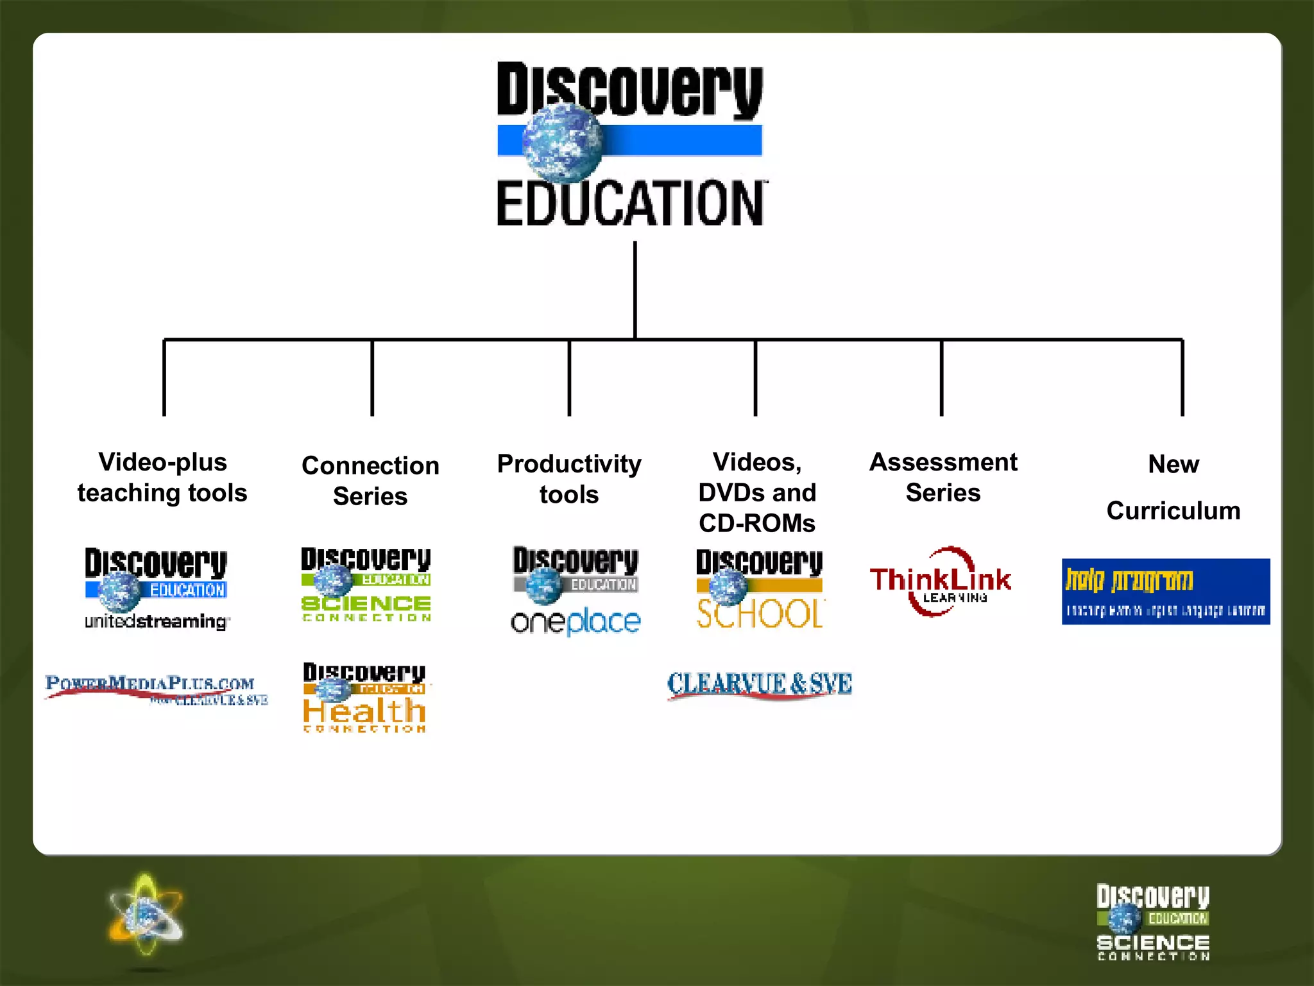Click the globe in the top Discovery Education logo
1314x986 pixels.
[562, 143]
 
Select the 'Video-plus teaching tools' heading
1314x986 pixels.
[162, 478]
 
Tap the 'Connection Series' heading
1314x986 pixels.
[370, 481]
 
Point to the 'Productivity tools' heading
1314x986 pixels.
[569, 479]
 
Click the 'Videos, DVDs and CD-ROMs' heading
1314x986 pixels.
[757, 492]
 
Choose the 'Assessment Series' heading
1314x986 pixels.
[943, 478]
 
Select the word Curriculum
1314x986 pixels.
[1173, 511]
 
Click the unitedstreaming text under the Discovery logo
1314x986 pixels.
[156, 621]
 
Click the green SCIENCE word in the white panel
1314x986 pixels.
[366, 603]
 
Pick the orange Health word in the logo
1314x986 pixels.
[364, 711]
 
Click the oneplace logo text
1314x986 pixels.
[576, 622]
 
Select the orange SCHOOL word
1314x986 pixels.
[760, 614]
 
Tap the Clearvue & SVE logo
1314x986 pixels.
[760, 684]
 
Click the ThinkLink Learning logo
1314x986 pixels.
[941, 582]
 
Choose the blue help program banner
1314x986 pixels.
[1166, 591]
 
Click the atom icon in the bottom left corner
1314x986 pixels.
[146, 915]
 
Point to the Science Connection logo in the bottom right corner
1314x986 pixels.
[1153, 922]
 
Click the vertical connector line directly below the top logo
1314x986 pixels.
[635, 289]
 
